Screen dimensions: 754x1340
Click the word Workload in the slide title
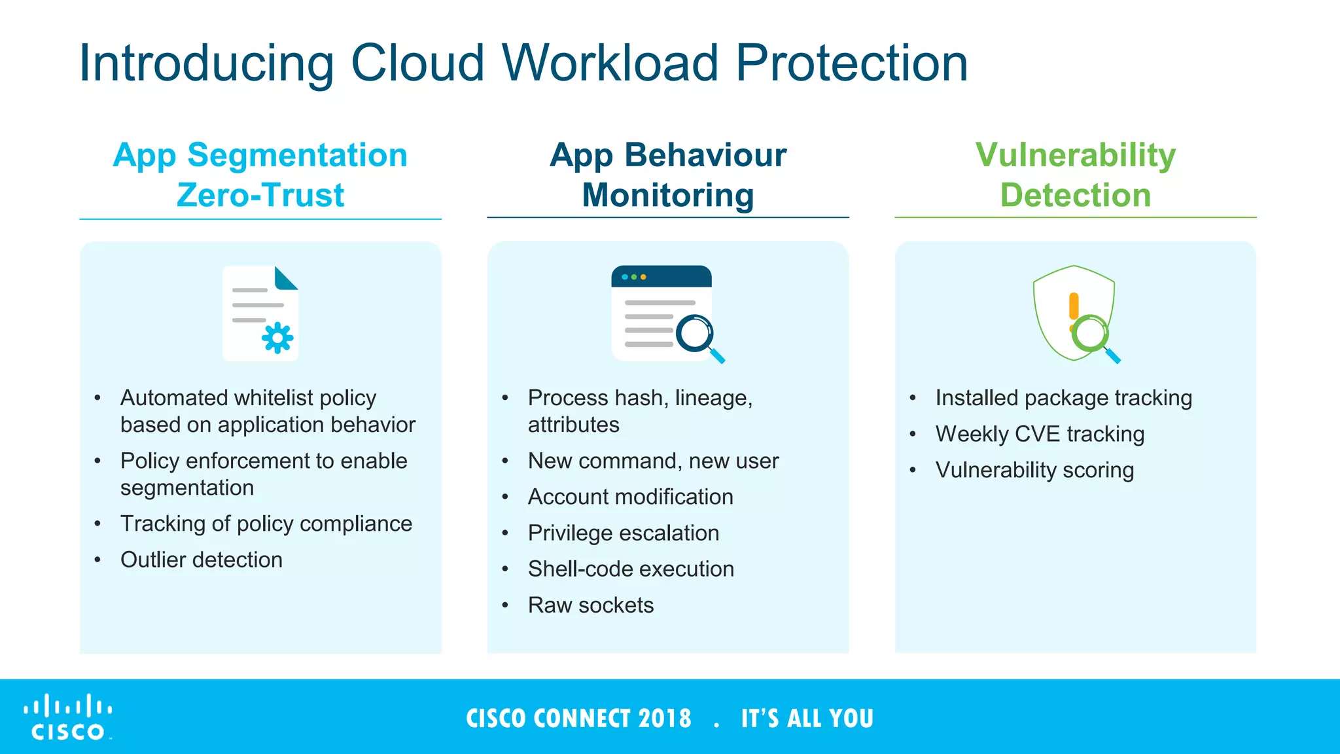click(610, 63)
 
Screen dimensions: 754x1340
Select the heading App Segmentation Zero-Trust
click(260, 175)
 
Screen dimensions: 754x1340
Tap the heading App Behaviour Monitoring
click(668, 175)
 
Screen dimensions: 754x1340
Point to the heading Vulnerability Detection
click(1075, 175)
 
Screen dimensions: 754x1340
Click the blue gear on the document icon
click(277, 338)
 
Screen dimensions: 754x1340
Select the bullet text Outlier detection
click(201, 560)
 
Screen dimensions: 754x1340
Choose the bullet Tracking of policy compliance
click(266, 524)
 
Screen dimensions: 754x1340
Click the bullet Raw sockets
click(590, 605)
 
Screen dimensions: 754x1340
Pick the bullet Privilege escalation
click(623, 533)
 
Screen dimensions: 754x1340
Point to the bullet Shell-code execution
click(631, 569)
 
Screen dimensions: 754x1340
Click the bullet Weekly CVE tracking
click(1039, 434)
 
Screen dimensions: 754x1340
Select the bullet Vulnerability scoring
click(1034, 470)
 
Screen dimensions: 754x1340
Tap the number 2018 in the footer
click(665, 719)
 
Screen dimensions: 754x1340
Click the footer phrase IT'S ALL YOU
click(807, 719)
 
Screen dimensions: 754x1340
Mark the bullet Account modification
click(630, 497)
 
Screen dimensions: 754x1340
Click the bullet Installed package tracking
click(1063, 398)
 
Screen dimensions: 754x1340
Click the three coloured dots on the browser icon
click(634, 277)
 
